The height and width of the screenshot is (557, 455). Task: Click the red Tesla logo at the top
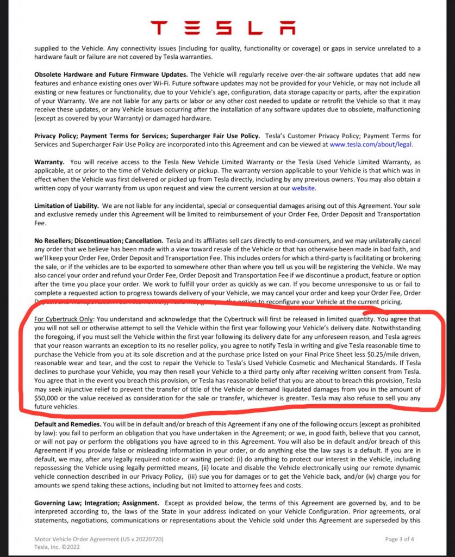[228, 27]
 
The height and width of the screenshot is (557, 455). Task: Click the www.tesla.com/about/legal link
[371, 145]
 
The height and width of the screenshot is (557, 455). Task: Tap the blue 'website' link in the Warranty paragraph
[303, 188]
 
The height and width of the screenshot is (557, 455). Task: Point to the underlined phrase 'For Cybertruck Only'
[64, 319]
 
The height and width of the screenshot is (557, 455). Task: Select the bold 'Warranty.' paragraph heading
[49, 162]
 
